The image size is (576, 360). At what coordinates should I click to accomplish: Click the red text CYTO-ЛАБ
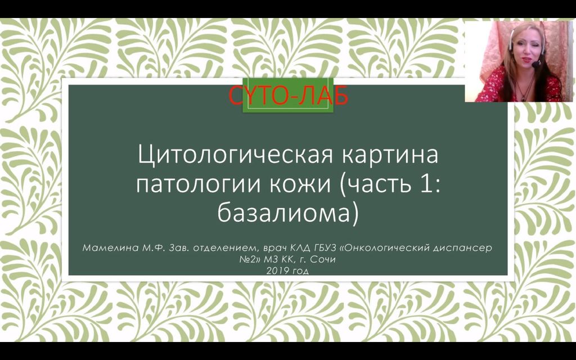[288, 96]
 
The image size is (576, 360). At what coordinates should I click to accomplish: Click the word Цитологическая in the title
[236, 155]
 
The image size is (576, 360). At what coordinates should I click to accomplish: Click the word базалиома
[283, 213]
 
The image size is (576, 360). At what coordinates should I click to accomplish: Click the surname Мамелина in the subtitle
[110, 248]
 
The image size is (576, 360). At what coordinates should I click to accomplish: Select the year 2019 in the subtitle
[277, 271]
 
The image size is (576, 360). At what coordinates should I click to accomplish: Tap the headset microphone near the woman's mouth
[536, 64]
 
